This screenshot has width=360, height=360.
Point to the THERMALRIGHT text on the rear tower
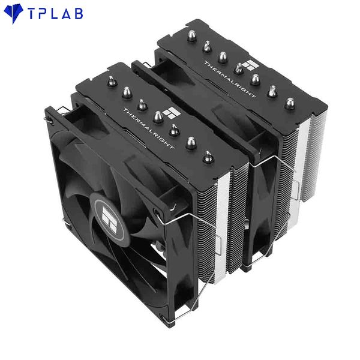(x=229, y=79)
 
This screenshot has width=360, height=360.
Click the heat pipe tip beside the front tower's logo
(x=158, y=115)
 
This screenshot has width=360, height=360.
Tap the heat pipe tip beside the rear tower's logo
(x=239, y=68)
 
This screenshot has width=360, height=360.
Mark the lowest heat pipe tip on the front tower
(x=208, y=157)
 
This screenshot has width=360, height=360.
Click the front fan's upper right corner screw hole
(x=157, y=212)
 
